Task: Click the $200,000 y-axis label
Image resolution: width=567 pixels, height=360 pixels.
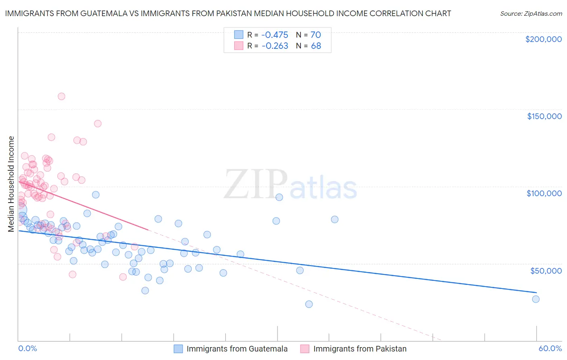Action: pyautogui.click(x=543, y=39)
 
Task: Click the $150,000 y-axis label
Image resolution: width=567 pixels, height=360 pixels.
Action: pyautogui.click(x=544, y=116)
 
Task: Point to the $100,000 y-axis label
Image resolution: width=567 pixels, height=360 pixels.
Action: pyautogui.click(x=544, y=193)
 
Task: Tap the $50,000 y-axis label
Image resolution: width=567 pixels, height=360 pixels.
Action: pyautogui.click(x=546, y=270)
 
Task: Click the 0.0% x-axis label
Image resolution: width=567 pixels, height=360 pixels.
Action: pyautogui.click(x=27, y=348)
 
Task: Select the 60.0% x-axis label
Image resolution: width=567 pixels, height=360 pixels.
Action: pyautogui.click(x=550, y=348)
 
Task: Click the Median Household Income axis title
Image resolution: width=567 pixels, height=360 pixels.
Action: pyautogui.click(x=11, y=184)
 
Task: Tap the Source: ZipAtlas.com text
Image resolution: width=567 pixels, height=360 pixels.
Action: pyautogui.click(x=531, y=13)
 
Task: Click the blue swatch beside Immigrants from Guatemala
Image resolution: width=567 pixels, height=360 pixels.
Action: pyautogui.click(x=179, y=349)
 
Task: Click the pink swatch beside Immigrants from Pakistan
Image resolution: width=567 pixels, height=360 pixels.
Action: pyautogui.click(x=304, y=349)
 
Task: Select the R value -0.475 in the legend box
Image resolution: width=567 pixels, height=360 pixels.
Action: pyautogui.click(x=275, y=35)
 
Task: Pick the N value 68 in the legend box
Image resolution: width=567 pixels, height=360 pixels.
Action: pyautogui.click(x=316, y=46)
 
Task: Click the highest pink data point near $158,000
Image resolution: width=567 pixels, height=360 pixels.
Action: pyautogui.click(x=61, y=96)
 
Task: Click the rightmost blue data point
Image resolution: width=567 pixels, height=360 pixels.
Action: pyautogui.click(x=536, y=299)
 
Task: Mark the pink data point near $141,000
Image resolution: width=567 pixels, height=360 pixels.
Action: pyautogui.click(x=98, y=124)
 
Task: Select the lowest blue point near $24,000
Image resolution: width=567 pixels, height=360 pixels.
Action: pyautogui.click(x=309, y=304)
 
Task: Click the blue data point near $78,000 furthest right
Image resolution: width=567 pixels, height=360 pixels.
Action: pyautogui.click(x=334, y=220)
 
